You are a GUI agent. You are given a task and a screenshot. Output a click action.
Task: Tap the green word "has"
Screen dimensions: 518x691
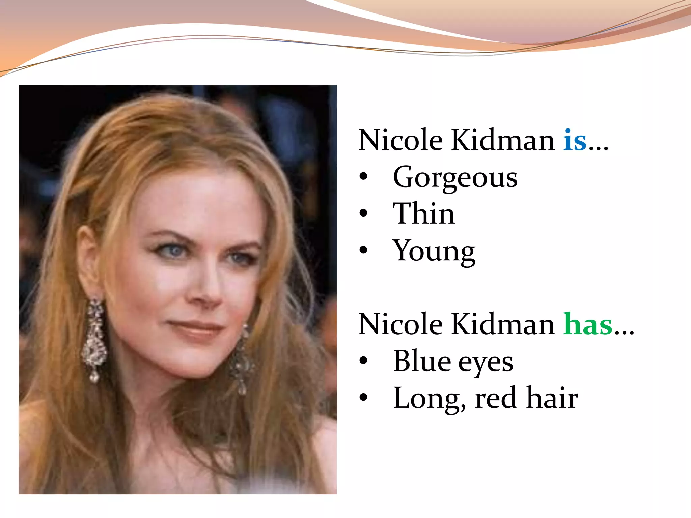[588, 324]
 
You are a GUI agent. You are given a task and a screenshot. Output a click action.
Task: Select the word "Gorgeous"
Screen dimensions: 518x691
[455, 178]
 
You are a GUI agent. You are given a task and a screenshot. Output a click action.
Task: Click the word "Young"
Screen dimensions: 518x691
[434, 252]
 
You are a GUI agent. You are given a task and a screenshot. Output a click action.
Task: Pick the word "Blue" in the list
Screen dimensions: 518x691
[421, 362]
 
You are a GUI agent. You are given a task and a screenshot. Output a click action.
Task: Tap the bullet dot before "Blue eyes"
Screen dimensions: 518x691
[363, 361]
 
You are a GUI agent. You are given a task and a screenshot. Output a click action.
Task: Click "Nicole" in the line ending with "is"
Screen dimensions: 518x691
[400, 141]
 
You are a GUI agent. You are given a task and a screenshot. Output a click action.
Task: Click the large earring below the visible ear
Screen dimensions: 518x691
[94, 341]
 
